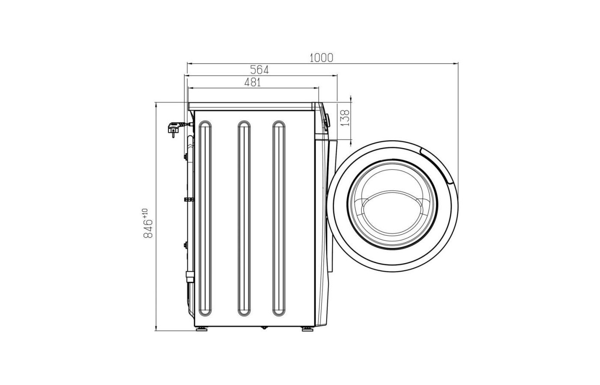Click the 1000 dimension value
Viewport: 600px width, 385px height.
pyautogui.click(x=321, y=58)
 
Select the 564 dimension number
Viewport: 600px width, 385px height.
pyautogui.click(x=259, y=70)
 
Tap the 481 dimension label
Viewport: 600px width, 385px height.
pyautogui.click(x=252, y=82)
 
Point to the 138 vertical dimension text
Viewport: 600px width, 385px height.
pyautogui.click(x=345, y=118)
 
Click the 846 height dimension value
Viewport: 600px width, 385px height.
pyautogui.click(x=148, y=228)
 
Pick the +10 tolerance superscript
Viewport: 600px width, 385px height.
pyautogui.click(x=145, y=213)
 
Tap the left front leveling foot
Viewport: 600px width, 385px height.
pyautogui.click(x=201, y=329)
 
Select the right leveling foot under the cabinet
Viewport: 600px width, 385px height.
pyautogui.click(x=307, y=329)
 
